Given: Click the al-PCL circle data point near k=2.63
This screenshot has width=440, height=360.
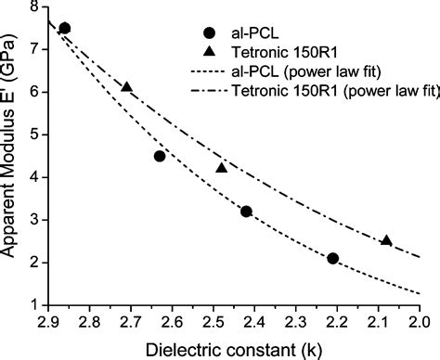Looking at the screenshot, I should click(x=160, y=156).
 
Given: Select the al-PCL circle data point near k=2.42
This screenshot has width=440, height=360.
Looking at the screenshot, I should click(x=246, y=212).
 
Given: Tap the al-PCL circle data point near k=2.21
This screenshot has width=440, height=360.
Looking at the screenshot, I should click(x=332, y=258).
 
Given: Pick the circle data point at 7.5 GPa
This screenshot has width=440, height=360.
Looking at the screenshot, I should click(x=64, y=28).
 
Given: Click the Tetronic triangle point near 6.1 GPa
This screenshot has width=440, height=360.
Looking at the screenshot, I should click(x=127, y=87).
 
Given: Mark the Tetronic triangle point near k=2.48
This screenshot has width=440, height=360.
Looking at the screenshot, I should click(x=221, y=168).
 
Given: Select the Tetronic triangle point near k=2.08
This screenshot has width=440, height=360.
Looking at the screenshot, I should click(x=386, y=240).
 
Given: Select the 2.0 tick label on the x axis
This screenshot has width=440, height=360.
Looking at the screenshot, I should click(x=419, y=321).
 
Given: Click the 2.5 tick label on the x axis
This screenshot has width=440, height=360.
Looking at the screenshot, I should click(x=213, y=321).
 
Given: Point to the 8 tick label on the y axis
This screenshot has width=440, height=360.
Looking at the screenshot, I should click(x=34, y=7).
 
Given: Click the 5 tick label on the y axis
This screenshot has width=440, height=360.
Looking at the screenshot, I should click(x=34, y=135).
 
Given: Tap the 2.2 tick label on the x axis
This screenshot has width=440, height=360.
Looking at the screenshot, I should click(x=336, y=321).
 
